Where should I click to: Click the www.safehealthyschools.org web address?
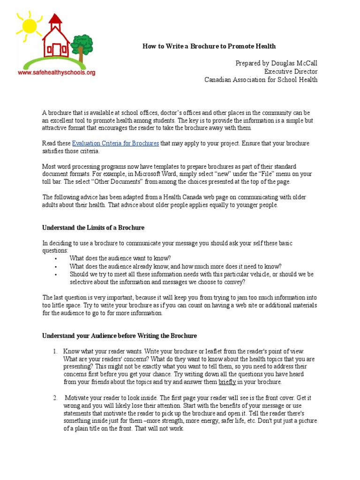pyautogui.click(x=57, y=73)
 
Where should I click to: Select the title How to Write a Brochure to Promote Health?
pyautogui.click(x=209, y=46)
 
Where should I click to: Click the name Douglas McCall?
pyautogui.click(x=293, y=63)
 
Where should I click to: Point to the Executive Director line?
pyautogui.click(x=291, y=71)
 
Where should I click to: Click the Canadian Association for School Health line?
pyautogui.click(x=261, y=80)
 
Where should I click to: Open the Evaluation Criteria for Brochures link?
pyautogui.click(x=115, y=143)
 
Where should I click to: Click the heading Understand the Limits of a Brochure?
pyautogui.click(x=93, y=227)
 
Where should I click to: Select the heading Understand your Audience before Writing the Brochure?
pyautogui.click(x=120, y=336)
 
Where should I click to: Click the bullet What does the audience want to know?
pyautogui.click(x=120, y=258)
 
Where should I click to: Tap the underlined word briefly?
pyautogui.click(x=227, y=382)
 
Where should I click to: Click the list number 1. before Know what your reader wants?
pyautogui.click(x=55, y=351)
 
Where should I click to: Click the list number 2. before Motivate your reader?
pyautogui.click(x=55, y=397)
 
